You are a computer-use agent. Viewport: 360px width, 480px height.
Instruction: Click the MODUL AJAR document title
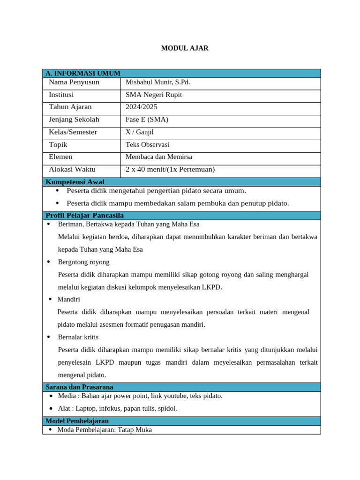tap(185, 48)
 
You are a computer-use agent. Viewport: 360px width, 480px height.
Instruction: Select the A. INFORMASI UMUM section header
tap(83, 73)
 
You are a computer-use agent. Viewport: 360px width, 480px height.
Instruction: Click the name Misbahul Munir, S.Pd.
tap(157, 82)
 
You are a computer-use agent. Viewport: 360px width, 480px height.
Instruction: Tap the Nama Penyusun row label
tap(74, 82)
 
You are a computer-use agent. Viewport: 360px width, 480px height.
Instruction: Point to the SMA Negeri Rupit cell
tap(154, 95)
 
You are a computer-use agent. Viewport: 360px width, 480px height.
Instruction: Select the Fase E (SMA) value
tap(147, 120)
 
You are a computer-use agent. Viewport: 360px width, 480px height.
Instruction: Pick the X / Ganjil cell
tap(140, 132)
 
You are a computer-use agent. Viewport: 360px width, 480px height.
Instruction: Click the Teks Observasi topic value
tap(147, 145)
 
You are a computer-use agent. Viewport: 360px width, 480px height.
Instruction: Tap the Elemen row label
tap(61, 157)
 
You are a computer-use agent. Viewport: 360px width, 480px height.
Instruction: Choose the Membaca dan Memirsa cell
tap(159, 157)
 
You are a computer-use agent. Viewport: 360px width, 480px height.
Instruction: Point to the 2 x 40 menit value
tap(170, 170)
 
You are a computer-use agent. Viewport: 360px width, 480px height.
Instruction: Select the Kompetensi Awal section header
tap(75, 182)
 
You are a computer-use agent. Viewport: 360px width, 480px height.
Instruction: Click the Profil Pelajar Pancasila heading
tap(84, 216)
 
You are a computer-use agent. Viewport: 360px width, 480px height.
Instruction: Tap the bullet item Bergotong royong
tap(83, 262)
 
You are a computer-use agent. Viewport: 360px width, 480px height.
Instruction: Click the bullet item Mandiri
tap(68, 299)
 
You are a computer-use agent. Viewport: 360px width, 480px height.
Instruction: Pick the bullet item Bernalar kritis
tap(78, 337)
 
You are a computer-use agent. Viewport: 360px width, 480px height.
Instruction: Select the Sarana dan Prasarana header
tap(79, 387)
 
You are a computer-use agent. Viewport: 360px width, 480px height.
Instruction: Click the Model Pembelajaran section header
tap(77, 421)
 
